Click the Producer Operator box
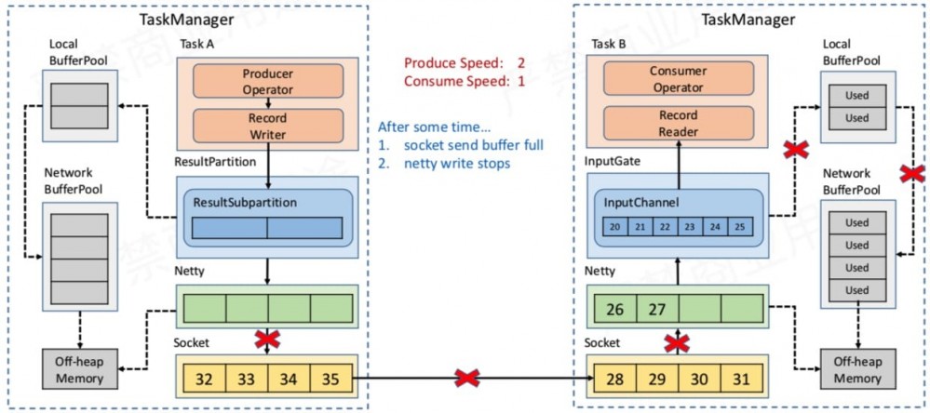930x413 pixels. [x=267, y=82]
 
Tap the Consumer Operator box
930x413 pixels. [x=665, y=78]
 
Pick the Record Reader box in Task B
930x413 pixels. [x=665, y=123]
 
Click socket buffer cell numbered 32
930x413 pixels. [x=205, y=379]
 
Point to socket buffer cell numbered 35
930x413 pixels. [x=331, y=379]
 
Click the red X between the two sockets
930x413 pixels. [x=468, y=379]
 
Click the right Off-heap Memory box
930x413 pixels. [x=857, y=370]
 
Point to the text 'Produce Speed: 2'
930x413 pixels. [x=465, y=62]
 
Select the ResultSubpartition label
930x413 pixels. [x=246, y=202]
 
